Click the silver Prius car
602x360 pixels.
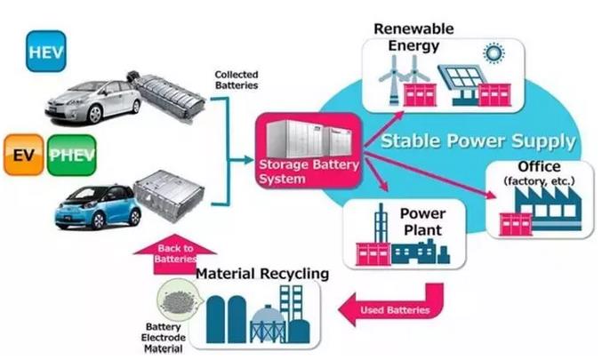click(x=93, y=102)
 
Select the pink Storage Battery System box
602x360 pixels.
click(x=308, y=148)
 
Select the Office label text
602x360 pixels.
click(x=539, y=167)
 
